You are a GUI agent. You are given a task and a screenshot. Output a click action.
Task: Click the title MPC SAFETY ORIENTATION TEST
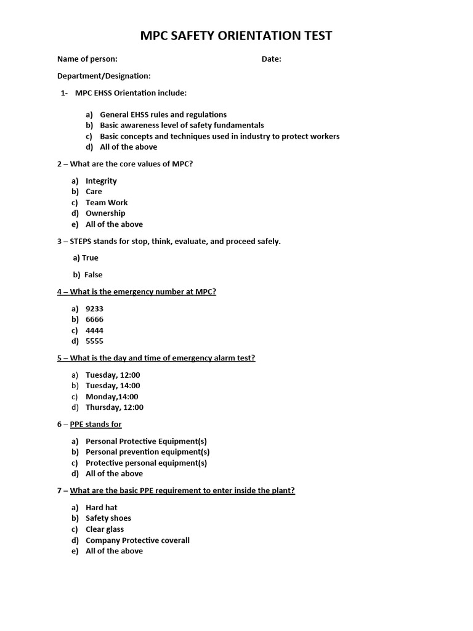click(236, 36)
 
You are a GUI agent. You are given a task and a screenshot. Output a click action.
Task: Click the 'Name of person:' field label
click(87, 59)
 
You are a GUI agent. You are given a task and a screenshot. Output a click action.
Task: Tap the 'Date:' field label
click(272, 59)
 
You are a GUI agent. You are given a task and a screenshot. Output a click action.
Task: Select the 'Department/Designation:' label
click(104, 76)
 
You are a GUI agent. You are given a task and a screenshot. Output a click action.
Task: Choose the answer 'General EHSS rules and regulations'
click(163, 115)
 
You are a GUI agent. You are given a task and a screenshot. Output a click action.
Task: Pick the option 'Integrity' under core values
click(101, 181)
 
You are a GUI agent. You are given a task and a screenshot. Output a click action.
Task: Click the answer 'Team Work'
click(107, 203)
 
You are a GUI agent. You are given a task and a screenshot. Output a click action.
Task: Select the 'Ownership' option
click(105, 213)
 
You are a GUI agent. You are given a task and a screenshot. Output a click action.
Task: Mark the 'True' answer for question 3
click(90, 258)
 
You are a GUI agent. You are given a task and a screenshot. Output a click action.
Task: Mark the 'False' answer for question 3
click(93, 275)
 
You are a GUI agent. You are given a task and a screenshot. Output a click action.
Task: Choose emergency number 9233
click(94, 309)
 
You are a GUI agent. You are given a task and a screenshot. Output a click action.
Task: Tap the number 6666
click(94, 320)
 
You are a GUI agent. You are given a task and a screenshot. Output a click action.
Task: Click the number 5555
click(94, 341)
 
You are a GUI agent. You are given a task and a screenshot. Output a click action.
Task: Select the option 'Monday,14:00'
click(112, 397)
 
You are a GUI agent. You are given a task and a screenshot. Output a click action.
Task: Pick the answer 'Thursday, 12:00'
click(115, 407)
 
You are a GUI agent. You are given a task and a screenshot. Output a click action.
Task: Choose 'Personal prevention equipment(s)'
click(148, 452)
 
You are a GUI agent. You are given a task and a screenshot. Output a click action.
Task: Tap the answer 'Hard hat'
click(102, 508)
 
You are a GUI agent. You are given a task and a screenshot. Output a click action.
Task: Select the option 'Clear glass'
click(105, 529)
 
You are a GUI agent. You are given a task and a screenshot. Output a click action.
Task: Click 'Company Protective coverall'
click(137, 540)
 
